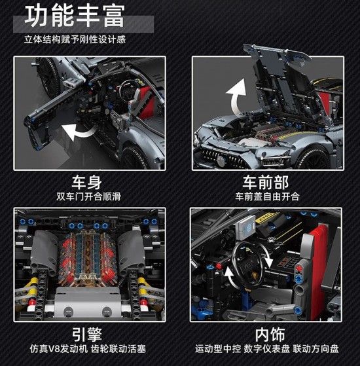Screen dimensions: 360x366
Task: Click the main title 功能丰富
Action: coord(75,16)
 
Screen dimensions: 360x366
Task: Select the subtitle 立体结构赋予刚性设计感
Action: coord(75,39)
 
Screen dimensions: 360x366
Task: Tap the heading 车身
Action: coord(87,182)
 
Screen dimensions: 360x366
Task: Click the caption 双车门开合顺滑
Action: coord(88,196)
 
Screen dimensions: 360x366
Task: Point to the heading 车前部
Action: coord(266,182)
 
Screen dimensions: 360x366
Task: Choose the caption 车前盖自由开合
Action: coord(267,196)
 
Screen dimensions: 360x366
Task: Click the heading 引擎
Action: coord(87,335)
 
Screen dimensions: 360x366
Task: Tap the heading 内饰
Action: coord(270,335)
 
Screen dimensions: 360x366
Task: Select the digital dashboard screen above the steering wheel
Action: coord(247,227)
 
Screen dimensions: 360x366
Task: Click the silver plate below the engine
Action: coord(87,303)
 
